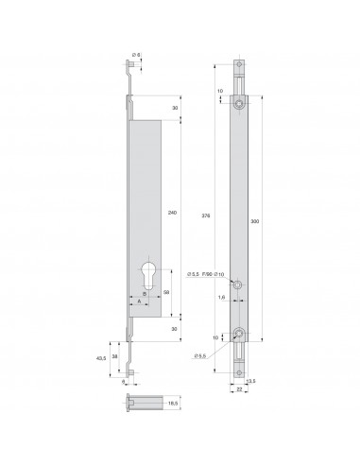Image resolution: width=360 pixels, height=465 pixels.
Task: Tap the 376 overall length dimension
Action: point(206,215)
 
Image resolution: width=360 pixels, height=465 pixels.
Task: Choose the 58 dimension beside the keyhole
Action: point(167,295)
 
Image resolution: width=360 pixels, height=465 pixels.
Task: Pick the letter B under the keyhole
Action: point(144,295)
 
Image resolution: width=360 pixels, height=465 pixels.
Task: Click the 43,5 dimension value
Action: point(102,357)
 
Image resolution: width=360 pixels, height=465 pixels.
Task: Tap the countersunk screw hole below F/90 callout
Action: point(241,284)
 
